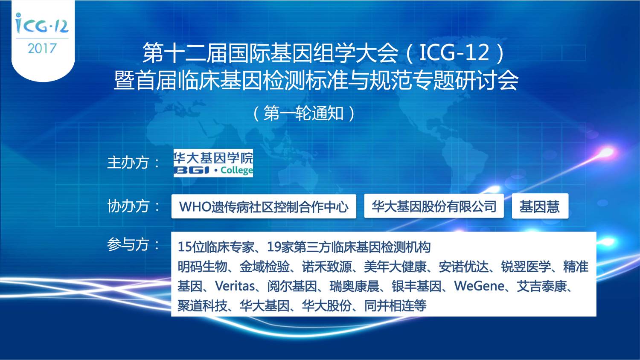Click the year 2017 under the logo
pos(42,48)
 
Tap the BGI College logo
pos(213,163)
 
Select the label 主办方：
pos(134,163)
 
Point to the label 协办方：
pos(134,206)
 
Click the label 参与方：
pos(134,244)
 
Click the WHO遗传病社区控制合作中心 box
pos(264,206)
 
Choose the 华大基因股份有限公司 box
pos(434,206)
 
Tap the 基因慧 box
pos(540,206)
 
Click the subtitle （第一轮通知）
pos(304,113)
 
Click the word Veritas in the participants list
pos(235,286)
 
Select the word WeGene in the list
pos(479,286)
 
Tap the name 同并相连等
pos(396,306)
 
